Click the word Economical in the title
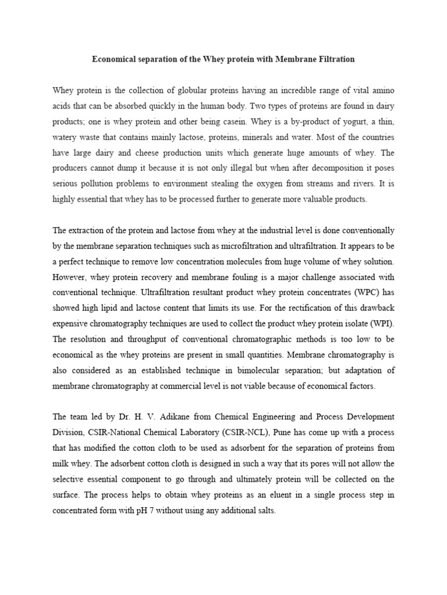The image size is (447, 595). click(114, 59)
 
